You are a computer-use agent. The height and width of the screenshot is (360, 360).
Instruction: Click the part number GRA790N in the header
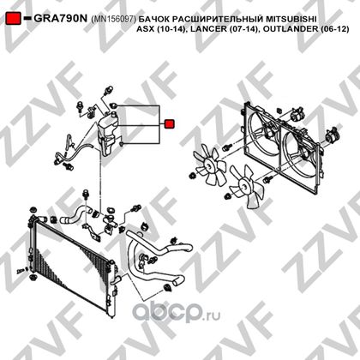click(x=60, y=19)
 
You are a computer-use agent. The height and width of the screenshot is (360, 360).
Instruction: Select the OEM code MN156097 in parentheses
click(x=114, y=19)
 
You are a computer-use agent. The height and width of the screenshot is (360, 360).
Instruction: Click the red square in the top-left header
click(x=14, y=18)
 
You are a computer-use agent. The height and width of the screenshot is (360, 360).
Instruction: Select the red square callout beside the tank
click(x=169, y=124)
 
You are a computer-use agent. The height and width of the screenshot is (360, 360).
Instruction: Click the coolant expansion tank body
click(x=107, y=135)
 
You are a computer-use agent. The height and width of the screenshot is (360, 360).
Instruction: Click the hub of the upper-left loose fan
click(x=211, y=164)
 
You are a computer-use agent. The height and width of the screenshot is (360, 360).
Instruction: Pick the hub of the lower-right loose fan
click(x=243, y=185)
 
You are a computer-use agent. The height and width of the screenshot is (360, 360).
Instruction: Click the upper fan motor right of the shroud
click(x=296, y=115)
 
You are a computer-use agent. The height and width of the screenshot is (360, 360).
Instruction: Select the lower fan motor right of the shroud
click(x=333, y=135)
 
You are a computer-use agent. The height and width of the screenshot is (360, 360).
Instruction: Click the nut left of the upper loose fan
click(x=192, y=176)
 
